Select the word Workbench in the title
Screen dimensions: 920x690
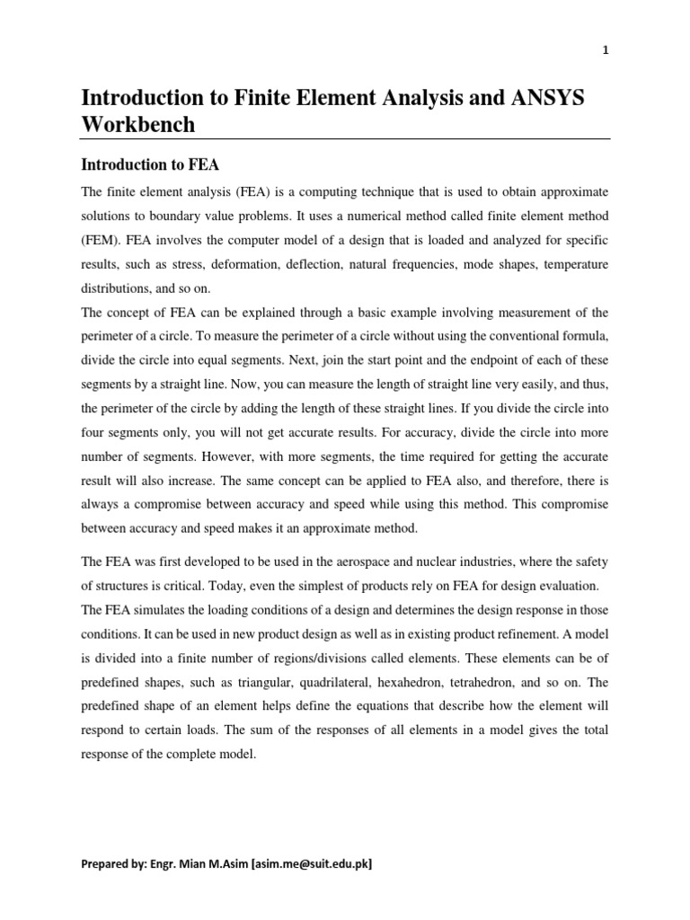coord(138,125)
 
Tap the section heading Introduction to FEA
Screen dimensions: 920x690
coord(150,165)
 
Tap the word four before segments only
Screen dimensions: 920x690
coord(94,429)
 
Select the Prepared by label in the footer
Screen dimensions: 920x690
coord(114,864)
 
